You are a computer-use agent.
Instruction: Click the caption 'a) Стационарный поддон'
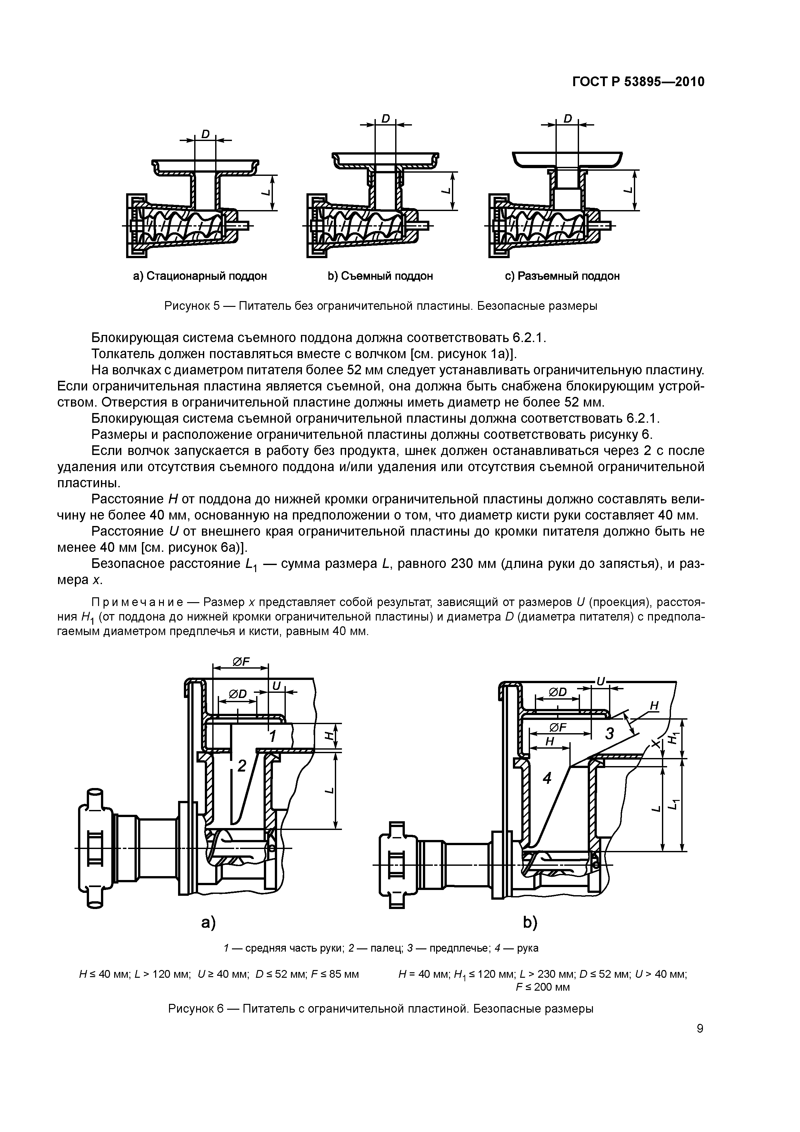click(x=200, y=276)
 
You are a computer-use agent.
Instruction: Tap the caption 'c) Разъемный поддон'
click(x=562, y=276)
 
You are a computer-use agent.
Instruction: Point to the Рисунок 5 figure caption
click(x=381, y=306)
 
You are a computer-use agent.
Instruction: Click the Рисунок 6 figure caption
click(x=381, y=1009)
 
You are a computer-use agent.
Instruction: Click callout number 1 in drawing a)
click(x=272, y=737)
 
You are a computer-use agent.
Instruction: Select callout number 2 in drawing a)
click(x=242, y=766)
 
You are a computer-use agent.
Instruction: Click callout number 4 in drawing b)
click(x=547, y=778)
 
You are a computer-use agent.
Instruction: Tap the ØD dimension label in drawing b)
click(x=558, y=693)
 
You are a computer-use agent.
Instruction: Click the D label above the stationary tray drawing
click(x=205, y=134)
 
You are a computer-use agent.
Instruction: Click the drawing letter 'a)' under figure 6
click(x=208, y=923)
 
